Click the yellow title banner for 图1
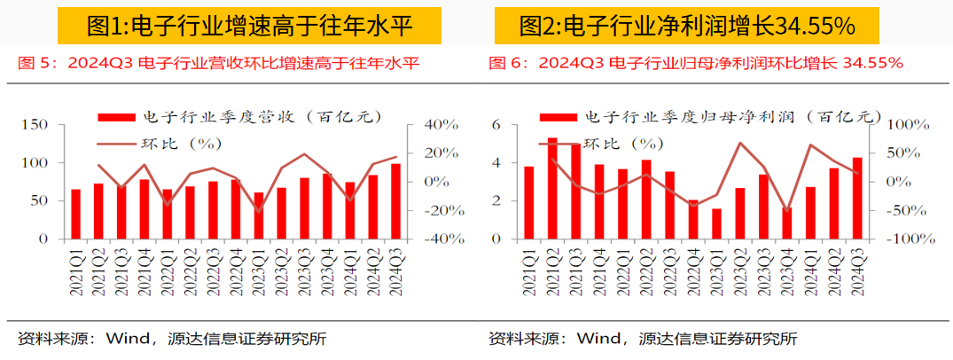(249, 27)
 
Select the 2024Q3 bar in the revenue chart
(395, 201)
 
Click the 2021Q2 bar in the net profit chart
(552, 189)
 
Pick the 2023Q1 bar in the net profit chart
(716, 224)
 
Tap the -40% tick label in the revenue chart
(425, 239)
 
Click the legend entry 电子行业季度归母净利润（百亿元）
(709, 117)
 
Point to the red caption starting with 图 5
(218, 63)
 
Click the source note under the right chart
(643, 338)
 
